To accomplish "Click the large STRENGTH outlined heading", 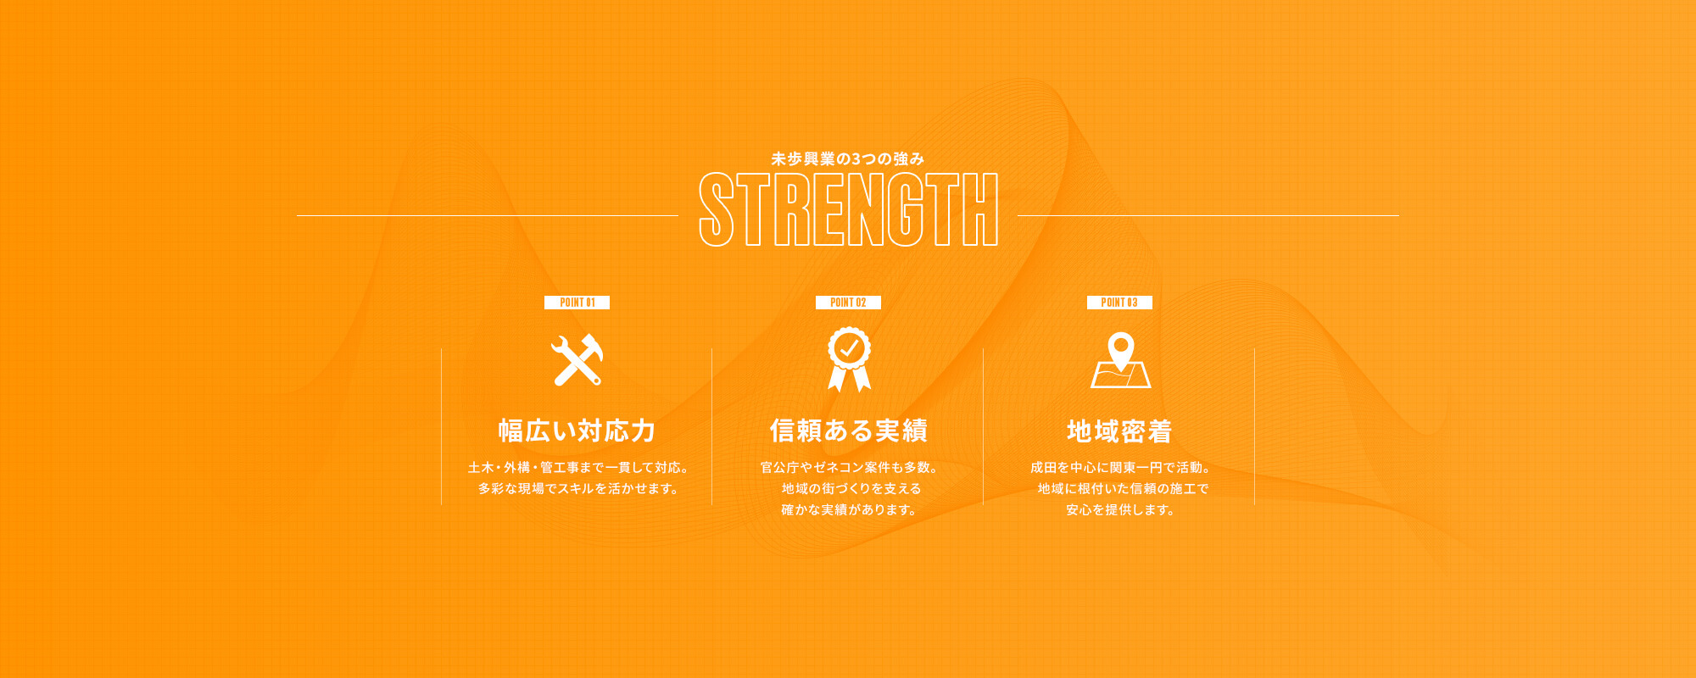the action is (x=848, y=209).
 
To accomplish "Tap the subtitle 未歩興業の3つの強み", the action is (x=848, y=158).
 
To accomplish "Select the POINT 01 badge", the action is (x=577, y=303).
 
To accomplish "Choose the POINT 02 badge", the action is (x=848, y=303).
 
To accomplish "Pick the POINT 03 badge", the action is (x=1119, y=303).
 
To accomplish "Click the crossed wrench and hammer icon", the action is (x=577, y=360).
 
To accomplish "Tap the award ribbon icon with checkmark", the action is (x=849, y=359).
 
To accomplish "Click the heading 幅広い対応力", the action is (x=577, y=431).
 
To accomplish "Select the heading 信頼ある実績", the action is (x=848, y=431).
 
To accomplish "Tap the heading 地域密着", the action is (x=1119, y=431).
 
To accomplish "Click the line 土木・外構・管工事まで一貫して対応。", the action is (x=577, y=467).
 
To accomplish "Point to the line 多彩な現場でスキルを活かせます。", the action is (x=577, y=488).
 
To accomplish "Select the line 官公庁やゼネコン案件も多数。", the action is (x=849, y=467).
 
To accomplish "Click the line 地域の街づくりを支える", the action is (x=851, y=488).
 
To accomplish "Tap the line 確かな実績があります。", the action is (x=849, y=509).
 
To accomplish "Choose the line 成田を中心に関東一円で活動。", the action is (x=1120, y=467).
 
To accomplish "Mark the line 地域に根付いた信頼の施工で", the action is (x=1123, y=488).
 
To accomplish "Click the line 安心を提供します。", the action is (x=1120, y=509).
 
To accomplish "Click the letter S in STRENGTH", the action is (x=717, y=209).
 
